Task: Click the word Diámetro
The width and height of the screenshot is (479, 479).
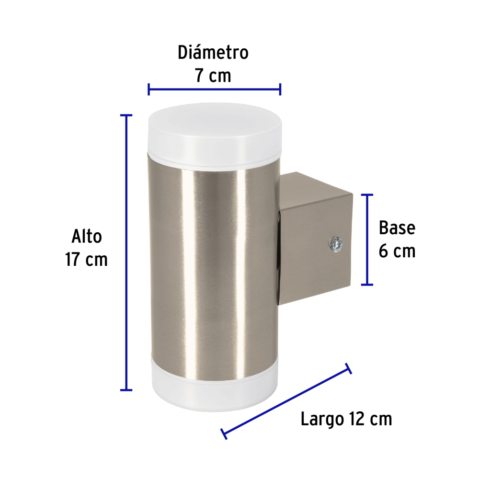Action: coord(213,53)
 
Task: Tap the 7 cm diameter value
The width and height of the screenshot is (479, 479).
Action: coord(213,76)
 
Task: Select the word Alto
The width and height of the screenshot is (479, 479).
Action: coord(87,237)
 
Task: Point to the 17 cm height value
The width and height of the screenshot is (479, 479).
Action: coord(87,260)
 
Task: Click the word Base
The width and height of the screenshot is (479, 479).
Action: coord(397,228)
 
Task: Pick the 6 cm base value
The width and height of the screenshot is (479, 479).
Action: coord(397,251)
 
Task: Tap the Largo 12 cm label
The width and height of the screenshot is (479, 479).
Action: coord(346,419)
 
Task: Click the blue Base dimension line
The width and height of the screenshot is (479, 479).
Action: coord(367,239)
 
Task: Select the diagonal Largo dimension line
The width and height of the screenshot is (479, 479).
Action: coord(286,401)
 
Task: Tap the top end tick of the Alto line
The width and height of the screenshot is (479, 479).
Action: coord(126,115)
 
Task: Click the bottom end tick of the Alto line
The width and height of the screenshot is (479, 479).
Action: coord(126,390)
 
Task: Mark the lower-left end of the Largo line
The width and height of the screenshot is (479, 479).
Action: coord(224,434)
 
